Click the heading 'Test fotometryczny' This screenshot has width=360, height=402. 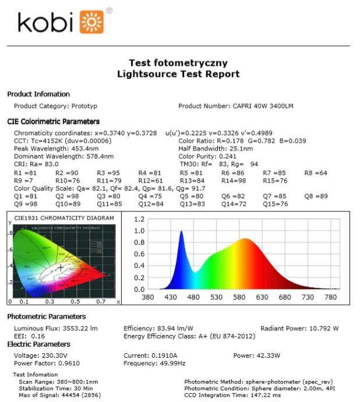tap(178, 63)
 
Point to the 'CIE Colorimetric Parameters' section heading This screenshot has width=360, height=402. tap(53, 122)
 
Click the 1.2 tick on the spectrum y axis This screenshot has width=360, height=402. tap(139, 220)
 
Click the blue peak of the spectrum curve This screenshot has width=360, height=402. tap(181, 232)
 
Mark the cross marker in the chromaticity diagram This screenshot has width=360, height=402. tap(61, 268)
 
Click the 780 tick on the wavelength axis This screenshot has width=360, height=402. tap(330, 297)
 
